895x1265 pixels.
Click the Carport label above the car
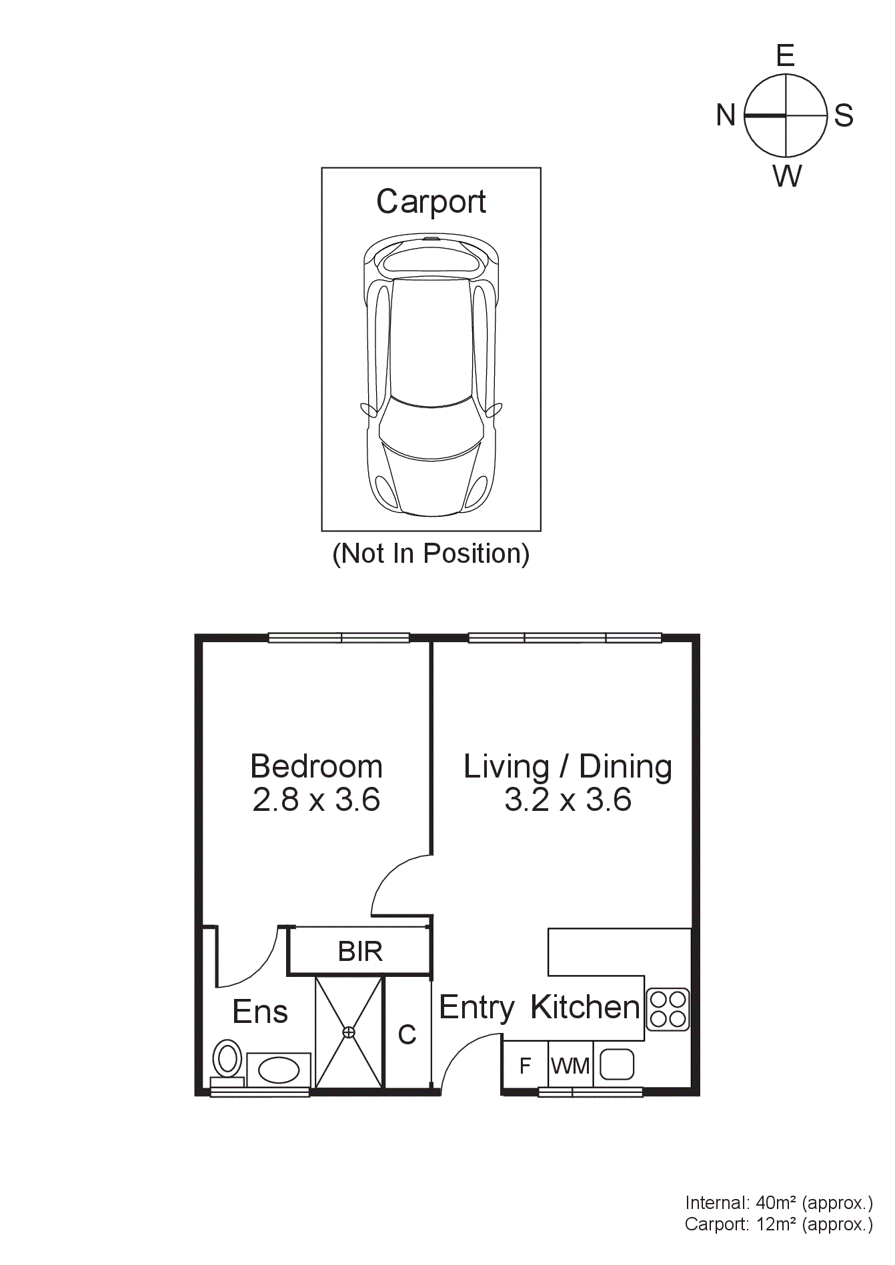[x=431, y=201]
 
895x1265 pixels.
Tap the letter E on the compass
[x=785, y=56]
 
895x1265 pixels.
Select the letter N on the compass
[x=726, y=115]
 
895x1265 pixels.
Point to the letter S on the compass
[x=844, y=116]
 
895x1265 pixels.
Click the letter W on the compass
[x=787, y=177]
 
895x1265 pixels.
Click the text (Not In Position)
[x=431, y=553]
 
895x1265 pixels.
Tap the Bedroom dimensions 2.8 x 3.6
[x=316, y=800]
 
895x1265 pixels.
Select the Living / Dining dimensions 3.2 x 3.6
[x=568, y=800]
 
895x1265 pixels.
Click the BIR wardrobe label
[x=360, y=952]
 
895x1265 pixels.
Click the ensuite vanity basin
[x=279, y=1071]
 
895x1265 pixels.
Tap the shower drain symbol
[x=349, y=1032]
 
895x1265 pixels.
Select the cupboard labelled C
[x=407, y=1035]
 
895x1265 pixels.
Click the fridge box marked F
[x=525, y=1066]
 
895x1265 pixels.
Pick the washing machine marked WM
[x=570, y=1066]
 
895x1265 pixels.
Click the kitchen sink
[x=616, y=1064]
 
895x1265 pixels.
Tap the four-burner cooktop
[x=668, y=1009]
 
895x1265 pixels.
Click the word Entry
[x=477, y=1008]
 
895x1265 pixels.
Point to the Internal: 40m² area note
[x=778, y=1203]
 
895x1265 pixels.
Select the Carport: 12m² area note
[x=778, y=1224]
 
